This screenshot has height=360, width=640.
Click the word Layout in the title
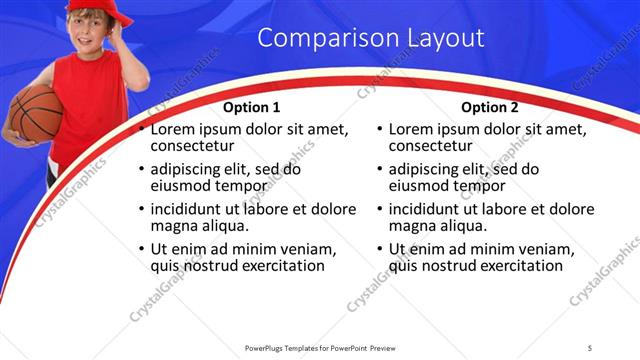[446, 39]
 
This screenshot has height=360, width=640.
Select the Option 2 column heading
[490, 107]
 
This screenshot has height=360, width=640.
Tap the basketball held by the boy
[36, 113]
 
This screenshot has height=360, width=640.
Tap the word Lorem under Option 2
[413, 129]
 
